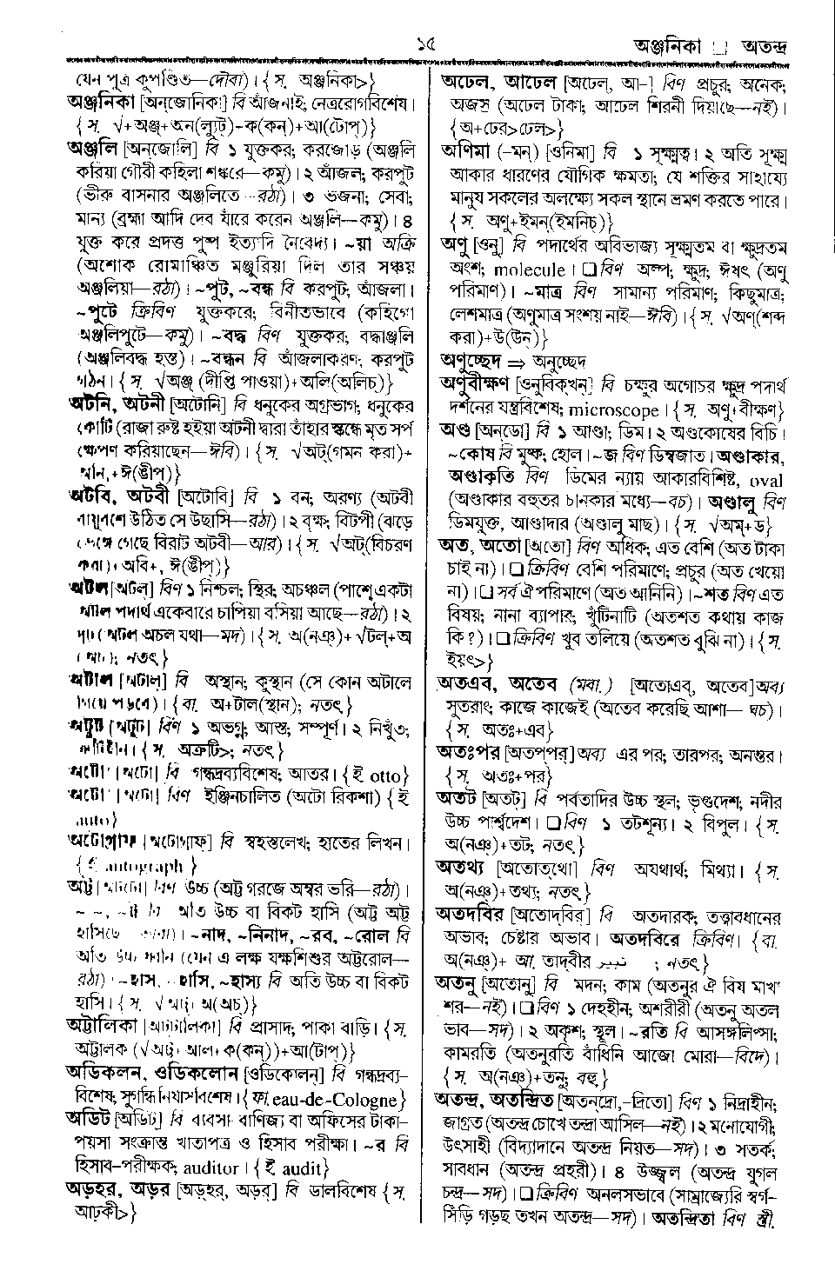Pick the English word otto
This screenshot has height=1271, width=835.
click(389, 774)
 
